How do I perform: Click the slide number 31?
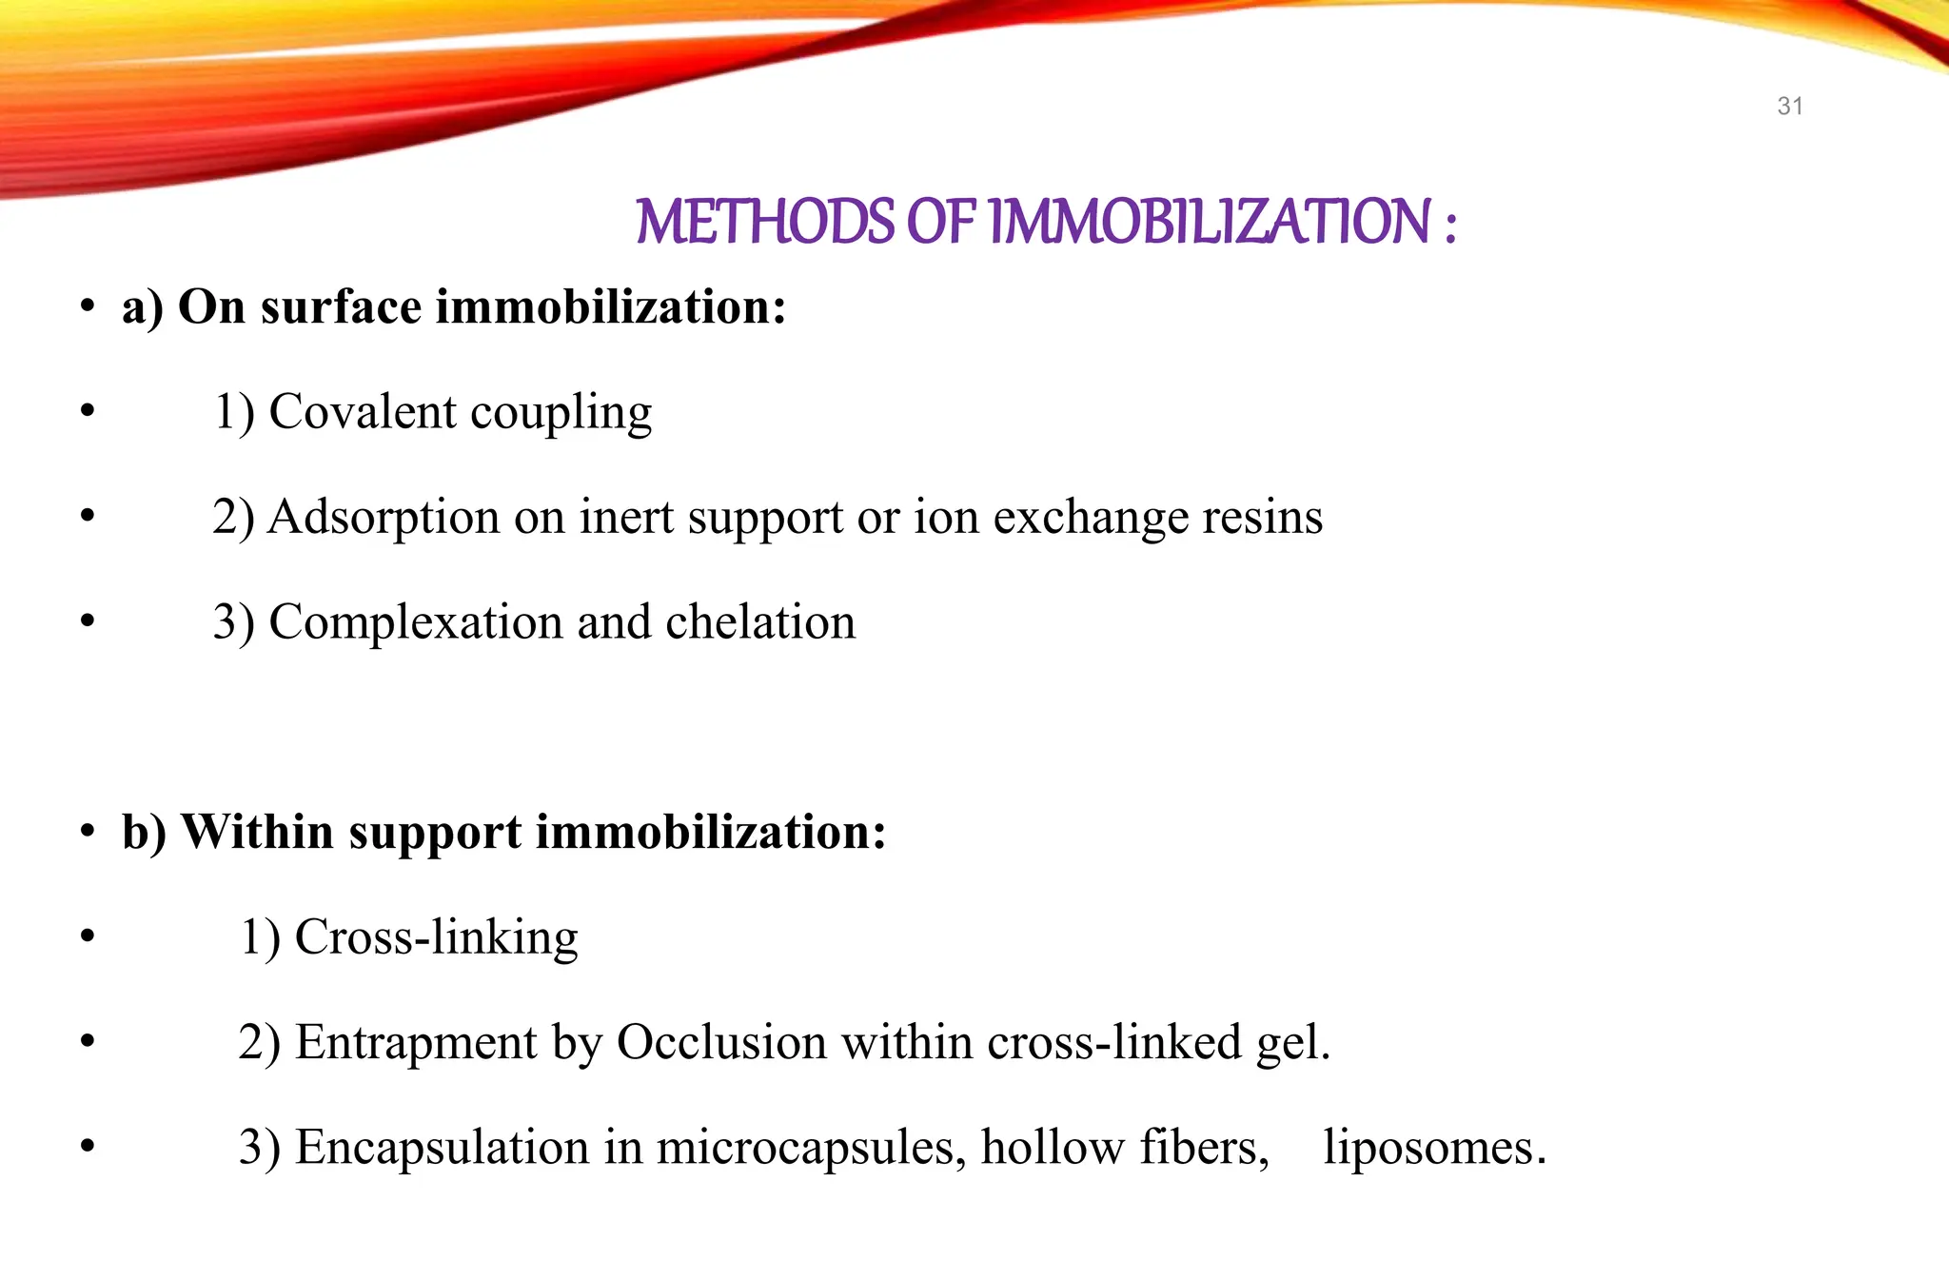pos(1789,107)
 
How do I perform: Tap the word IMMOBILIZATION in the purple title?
pos(1210,222)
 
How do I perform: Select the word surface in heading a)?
pos(341,307)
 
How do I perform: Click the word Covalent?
pos(363,412)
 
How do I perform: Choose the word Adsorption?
pos(384,518)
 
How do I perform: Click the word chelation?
pos(760,622)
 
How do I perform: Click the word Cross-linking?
pos(436,937)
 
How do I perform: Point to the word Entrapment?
pos(416,1042)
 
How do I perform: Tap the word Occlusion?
pos(721,1042)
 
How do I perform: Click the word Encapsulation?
pos(442,1147)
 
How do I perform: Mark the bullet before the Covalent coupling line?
pos(88,411)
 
